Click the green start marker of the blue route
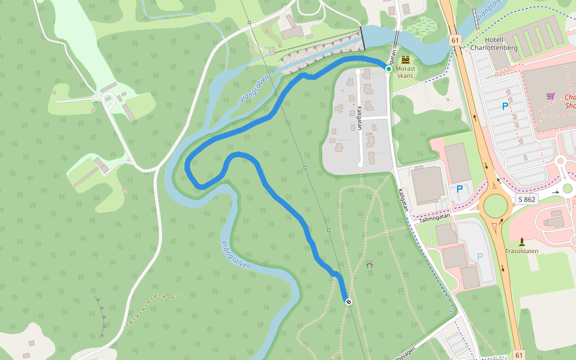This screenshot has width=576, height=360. (389, 70)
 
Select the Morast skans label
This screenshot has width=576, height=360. (406, 73)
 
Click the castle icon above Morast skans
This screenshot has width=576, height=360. (406, 59)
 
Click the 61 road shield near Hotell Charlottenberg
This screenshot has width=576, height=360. (455, 40)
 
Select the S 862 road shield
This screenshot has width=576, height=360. (526, 199)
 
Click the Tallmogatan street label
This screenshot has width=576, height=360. (434, 220)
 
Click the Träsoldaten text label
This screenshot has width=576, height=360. (521, 251)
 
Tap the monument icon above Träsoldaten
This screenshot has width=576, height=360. (521, 242)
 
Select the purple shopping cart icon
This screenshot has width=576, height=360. (550, 96)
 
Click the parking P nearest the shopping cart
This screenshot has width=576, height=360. (505, 106)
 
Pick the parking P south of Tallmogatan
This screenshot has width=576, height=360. (479, 257)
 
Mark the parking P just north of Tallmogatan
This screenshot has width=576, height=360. (460, 189)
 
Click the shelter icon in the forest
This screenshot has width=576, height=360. (369, 264)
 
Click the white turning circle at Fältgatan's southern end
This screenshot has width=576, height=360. (360, 164)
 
